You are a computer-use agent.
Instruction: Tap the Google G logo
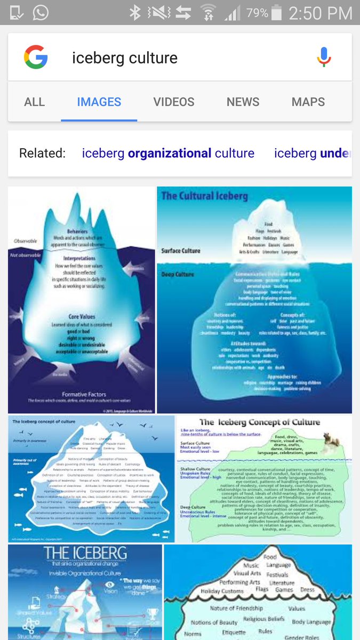click(36, 57)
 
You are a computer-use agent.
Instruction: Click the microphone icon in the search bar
click(323, 57)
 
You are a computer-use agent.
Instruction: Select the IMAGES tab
click(99, 102)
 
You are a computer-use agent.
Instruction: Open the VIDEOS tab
click(173, 102)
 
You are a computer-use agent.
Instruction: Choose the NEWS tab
click(243, 102)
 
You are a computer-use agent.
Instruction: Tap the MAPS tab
click(308, 102)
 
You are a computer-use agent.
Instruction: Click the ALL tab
click(34, 102)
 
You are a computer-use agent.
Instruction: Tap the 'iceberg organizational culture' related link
click(168, 154)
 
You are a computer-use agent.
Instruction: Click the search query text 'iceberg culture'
click(125, 58)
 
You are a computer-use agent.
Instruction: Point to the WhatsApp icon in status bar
click(40, 13)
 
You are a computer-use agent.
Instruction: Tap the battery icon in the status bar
click(276, 13)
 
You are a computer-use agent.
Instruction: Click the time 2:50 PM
click(320, 13)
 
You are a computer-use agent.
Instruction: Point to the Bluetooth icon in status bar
click(135, 13)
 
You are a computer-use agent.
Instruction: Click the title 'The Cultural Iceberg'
click(204, 196)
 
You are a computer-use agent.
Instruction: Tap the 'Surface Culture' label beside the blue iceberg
click(181, 251)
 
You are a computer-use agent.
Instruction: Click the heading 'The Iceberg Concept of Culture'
click(260, 422)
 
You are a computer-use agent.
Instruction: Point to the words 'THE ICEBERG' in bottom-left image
click(85, 553)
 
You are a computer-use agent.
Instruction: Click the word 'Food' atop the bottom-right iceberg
click(270, 557)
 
